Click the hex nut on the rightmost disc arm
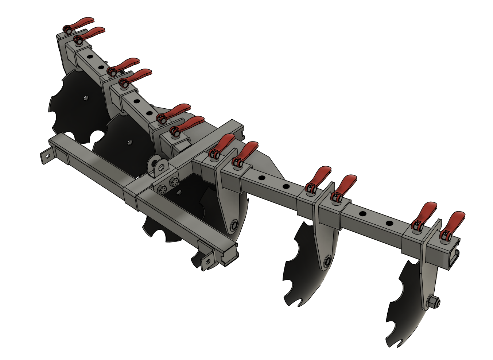(x=434, y=302)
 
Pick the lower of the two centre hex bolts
(x=162, y=189)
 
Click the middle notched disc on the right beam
(x=303, y=266)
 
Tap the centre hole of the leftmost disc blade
(x=85, y=98)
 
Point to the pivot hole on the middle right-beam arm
(x=327, y=261)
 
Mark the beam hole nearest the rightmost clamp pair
(x=389, y=223)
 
